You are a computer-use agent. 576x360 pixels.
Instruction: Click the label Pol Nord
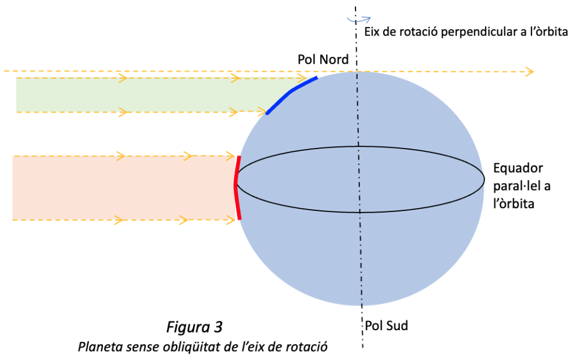coord(323,60)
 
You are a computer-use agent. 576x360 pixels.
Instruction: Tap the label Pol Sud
coord(386,326)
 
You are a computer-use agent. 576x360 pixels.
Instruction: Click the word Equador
coord(518,168)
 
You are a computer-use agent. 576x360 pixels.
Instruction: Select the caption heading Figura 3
coord(194,327)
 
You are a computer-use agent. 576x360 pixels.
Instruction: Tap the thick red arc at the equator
coord(236,187)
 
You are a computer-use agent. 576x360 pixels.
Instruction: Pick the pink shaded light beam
coord(124,188)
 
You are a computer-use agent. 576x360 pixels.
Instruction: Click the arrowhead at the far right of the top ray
coord(530,71)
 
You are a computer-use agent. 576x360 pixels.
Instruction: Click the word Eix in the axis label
coord(371,32)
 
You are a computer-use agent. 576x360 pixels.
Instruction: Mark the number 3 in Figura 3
coord(218,327)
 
